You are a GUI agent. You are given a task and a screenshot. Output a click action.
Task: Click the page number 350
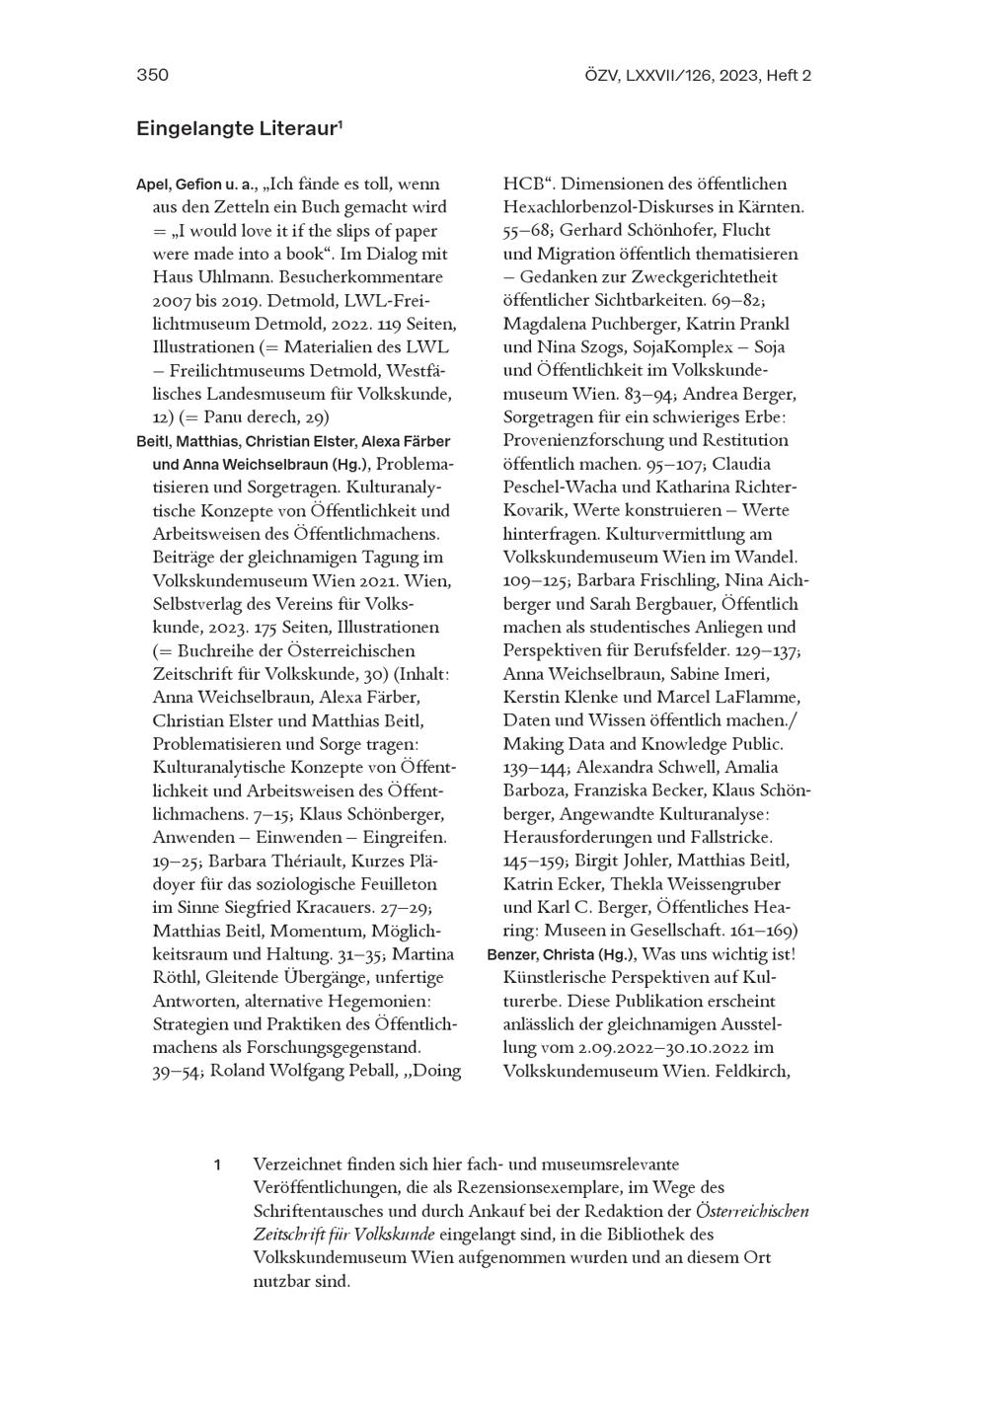coord(152,75)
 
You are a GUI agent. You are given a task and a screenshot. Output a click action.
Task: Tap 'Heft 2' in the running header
coord(789,75)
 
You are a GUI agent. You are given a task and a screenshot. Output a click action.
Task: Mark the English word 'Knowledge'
coord(688,744)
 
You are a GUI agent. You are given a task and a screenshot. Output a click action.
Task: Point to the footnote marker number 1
coord(217,1165)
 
